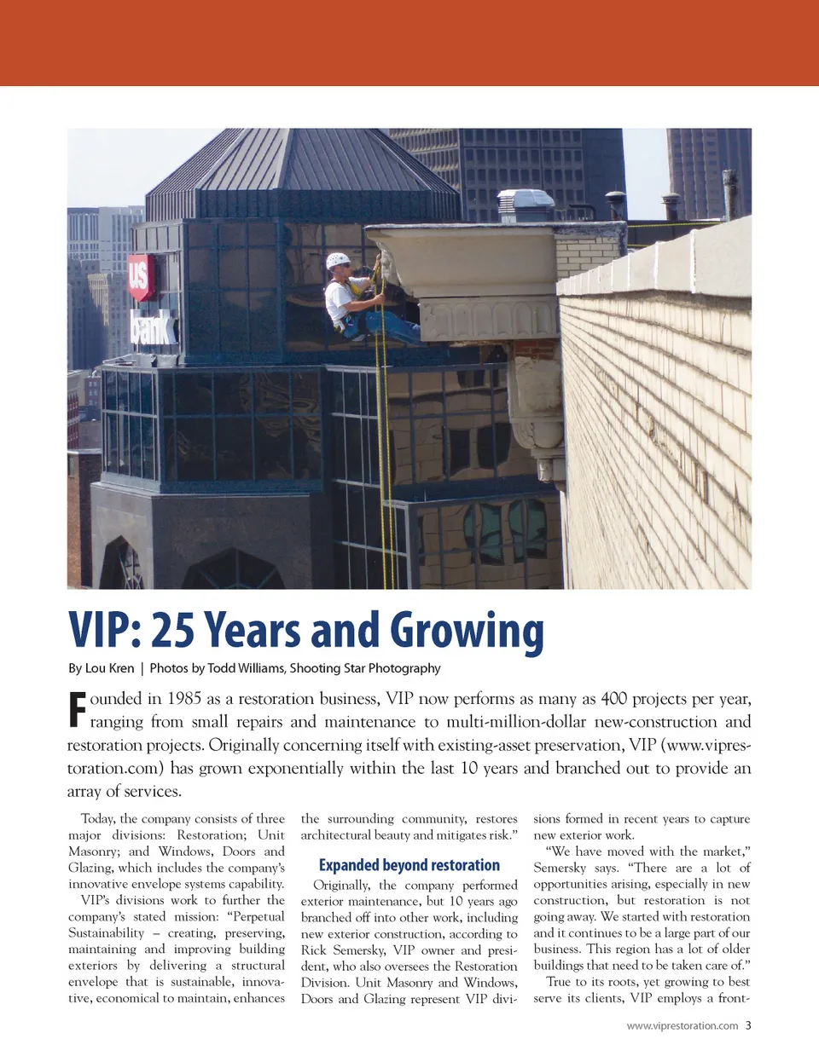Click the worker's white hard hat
click(338, 260)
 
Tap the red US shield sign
click(140, 276)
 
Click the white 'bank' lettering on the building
click(152, 327)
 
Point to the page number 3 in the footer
click(748, 1025)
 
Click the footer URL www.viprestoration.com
click(682, 1025)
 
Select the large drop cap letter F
click(77, 709)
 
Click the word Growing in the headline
click(467, 632)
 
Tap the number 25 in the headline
click(173, 632)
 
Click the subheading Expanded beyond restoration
click(409, 865)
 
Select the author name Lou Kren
click(110, 668)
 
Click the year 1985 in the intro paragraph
click(184, 699)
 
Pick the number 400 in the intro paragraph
click(614, 699)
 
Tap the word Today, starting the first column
click(97, 819)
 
